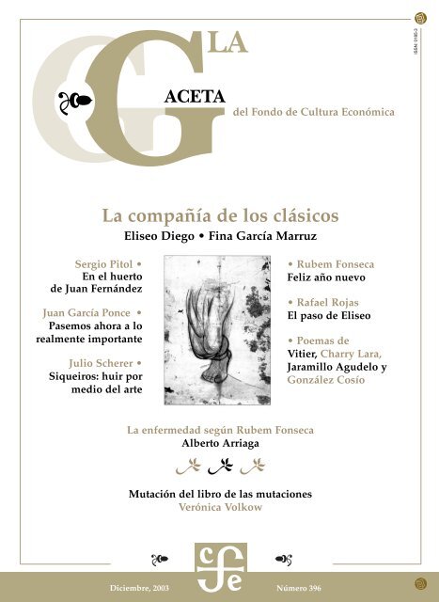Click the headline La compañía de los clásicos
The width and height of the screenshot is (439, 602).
pyautogui.click(x=218, y=214)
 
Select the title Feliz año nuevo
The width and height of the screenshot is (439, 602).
pyautogui.click(x=325, y=279)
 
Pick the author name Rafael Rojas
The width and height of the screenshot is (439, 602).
pyautogui.click(x=329, y=303)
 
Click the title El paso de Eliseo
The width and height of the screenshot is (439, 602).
pyautogui.click(x=325, y=318)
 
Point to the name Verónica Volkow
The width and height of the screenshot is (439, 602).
pyautogui.click(x=219, y=506)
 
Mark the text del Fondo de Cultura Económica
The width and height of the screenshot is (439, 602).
pyautogui.click(x=312, y=112)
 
